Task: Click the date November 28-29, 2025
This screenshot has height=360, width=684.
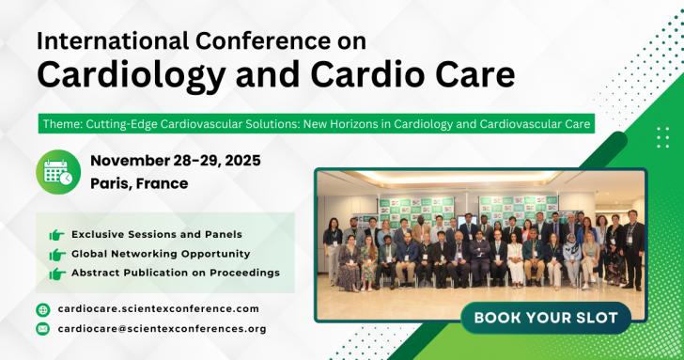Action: tap(176, 161)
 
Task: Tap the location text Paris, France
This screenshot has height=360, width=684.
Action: tap(139, 183)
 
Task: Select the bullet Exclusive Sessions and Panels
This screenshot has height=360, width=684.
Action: tap(156, 234)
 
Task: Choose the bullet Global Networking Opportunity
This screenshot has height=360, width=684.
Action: tap(161, 254)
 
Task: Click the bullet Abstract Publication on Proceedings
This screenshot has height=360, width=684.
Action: tap(176, 273)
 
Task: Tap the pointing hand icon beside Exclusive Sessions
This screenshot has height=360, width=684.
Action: tap(56, 234)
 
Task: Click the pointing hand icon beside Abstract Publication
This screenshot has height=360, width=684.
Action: tap(56, 273)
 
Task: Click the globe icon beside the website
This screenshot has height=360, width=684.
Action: tap(42, 309)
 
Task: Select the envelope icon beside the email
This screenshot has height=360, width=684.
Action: tap(42, 329)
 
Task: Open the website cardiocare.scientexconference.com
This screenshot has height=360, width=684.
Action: tap(158, 308)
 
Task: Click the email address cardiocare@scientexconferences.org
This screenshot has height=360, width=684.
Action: tap(162, 329)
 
